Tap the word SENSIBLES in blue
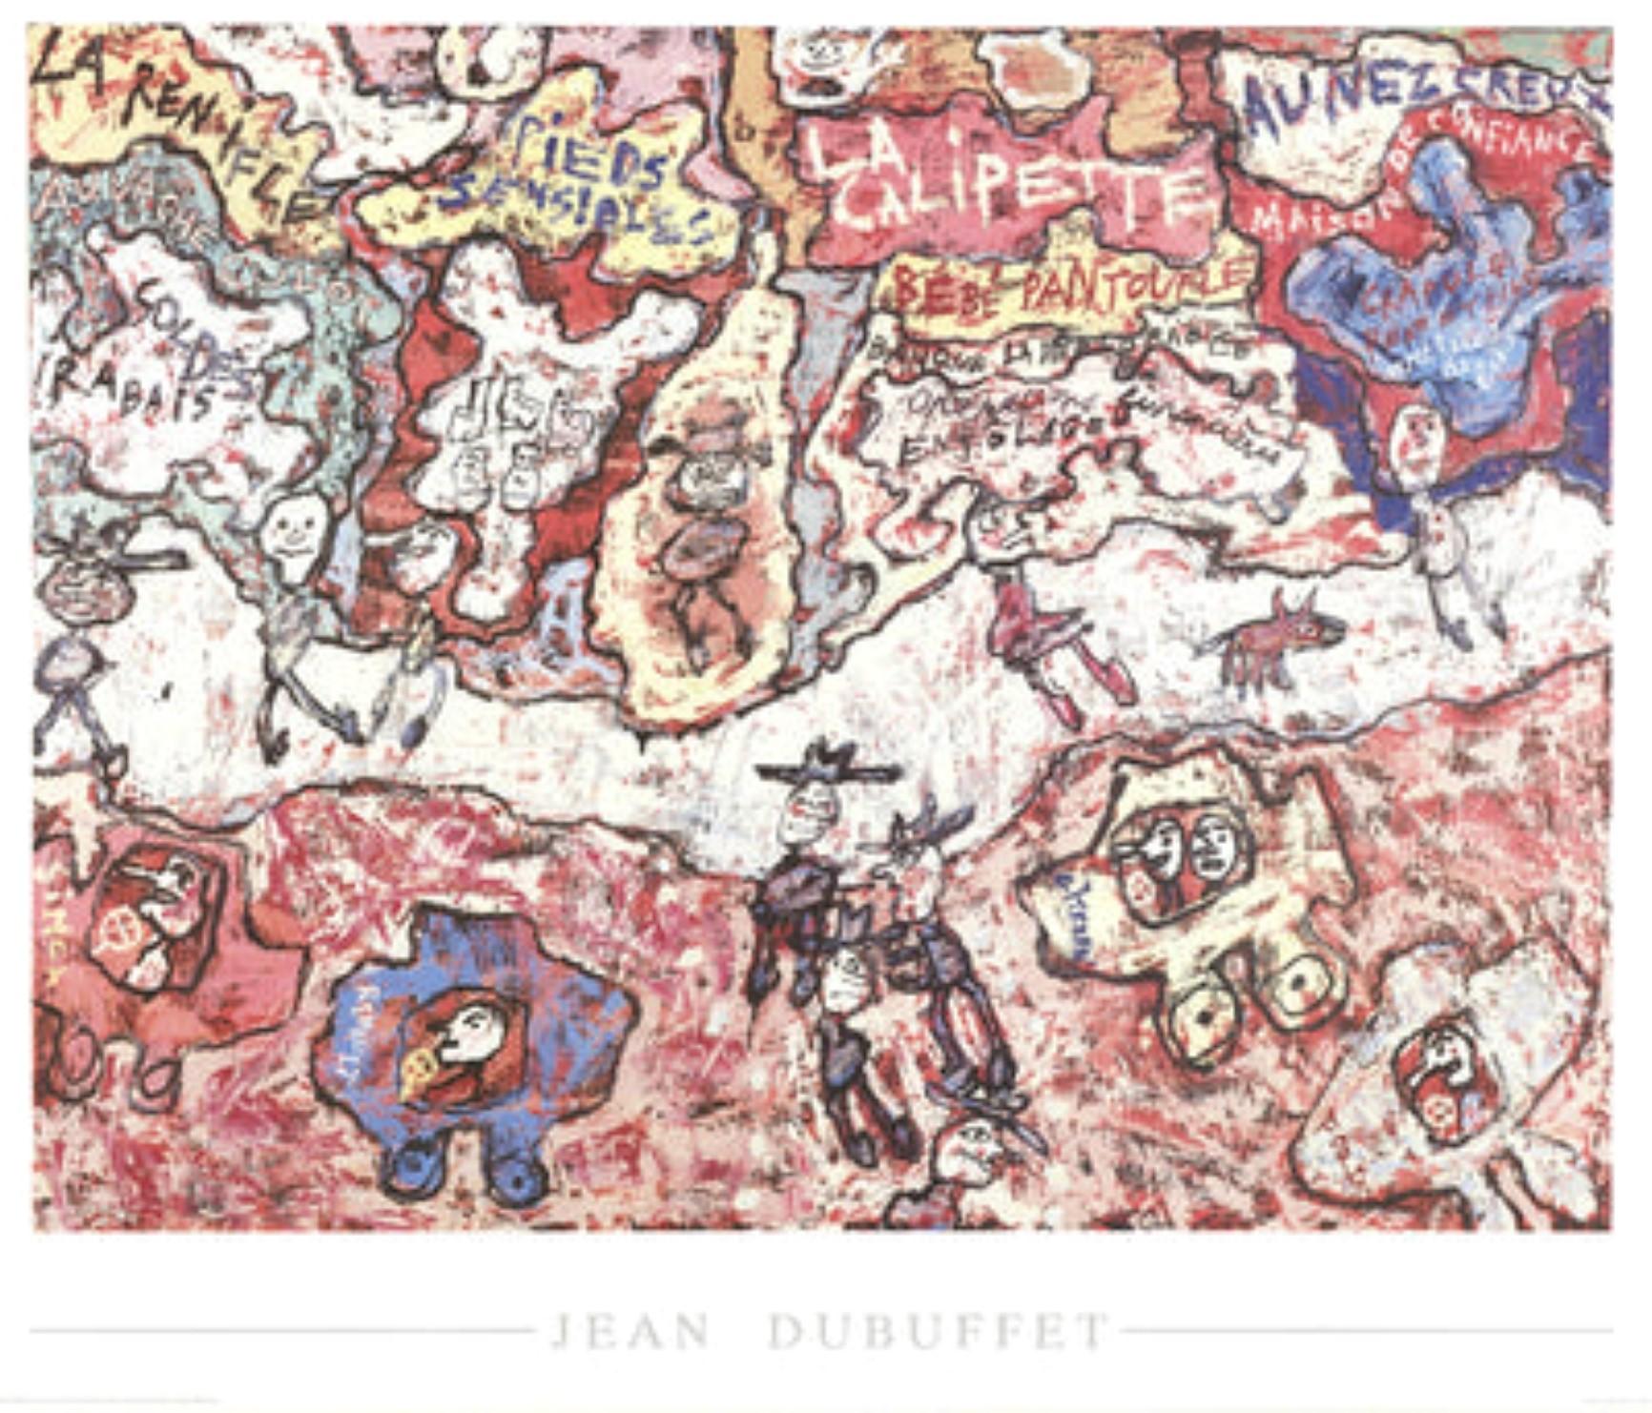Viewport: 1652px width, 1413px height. click(582, 210)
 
